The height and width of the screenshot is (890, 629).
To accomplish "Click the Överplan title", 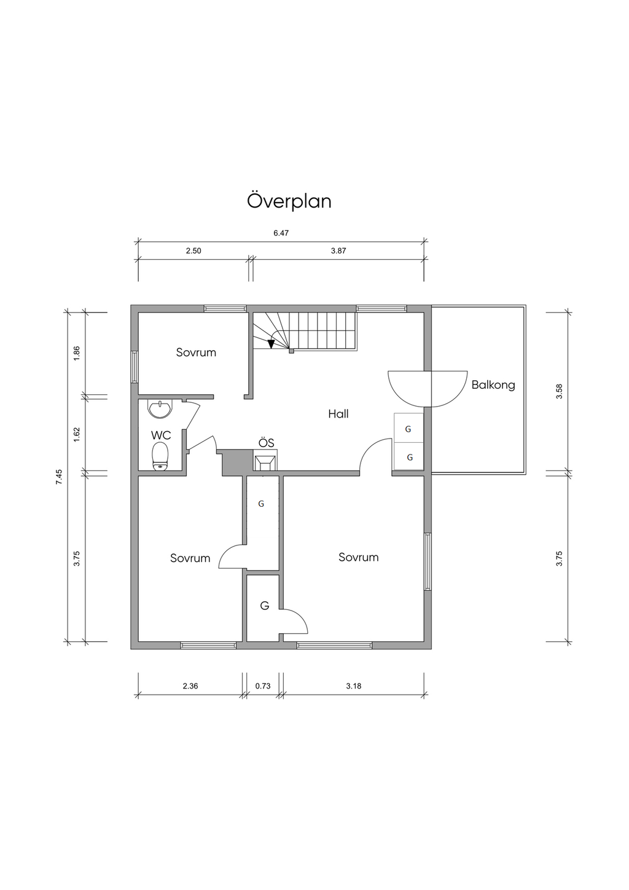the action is pos(289,201).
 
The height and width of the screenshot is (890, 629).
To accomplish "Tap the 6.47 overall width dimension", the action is pos(281,233).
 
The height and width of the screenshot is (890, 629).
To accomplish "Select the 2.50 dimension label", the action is pos(193,251).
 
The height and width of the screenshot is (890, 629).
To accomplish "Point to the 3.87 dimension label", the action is pos(338,251).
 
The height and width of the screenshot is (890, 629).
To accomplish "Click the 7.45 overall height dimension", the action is pos(59,477).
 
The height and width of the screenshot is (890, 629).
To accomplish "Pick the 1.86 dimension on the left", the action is pos(77,353).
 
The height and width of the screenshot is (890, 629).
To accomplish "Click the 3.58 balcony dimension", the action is pos(560,392).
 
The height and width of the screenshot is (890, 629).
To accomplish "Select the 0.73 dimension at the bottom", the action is pos(263,686).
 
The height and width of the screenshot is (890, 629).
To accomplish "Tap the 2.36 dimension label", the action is pos(190,686).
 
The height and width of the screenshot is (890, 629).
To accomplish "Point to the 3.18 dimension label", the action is pos(354,686).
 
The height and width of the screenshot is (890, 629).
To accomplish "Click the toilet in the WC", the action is pos(160,456).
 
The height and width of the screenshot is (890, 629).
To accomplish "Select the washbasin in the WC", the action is pos(160,409).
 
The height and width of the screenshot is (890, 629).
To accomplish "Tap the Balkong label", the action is pos(493,385).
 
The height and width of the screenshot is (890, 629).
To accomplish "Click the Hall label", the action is pos(338,414).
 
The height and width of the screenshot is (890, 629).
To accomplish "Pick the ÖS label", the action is pos(266,443).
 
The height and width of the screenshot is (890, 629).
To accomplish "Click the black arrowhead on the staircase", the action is pos(271,344).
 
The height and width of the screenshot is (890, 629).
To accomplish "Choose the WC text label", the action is pos(161,435).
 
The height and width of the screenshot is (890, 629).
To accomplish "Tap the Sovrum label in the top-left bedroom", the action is pos(196,353).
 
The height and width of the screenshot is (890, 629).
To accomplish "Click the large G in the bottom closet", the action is pos(265,606).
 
